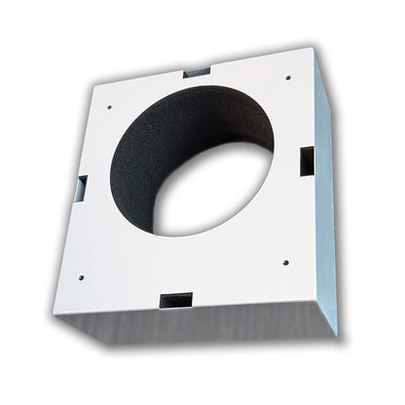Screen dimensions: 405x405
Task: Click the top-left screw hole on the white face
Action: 110,106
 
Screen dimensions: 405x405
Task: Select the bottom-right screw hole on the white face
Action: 285,260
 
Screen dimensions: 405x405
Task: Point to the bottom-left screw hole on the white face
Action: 81,276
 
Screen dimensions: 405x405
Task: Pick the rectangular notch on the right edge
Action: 306,161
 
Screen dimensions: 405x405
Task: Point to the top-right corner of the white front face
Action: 313,44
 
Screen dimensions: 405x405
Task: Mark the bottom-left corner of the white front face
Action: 53,313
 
